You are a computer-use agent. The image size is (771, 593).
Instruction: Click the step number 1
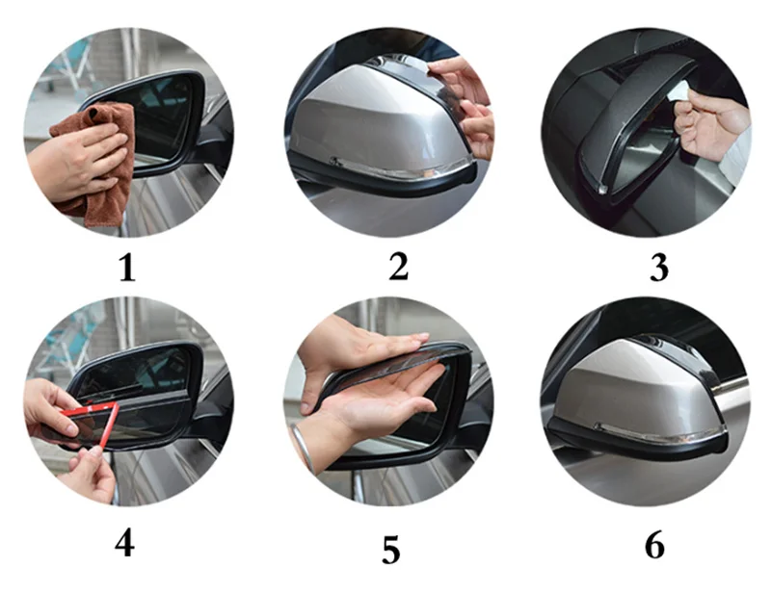127,268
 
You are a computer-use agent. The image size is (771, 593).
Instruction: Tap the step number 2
398,267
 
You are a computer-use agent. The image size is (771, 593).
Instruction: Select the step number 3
659,268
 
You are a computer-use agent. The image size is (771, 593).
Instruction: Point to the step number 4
125,543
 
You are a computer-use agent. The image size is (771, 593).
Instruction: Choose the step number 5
391,550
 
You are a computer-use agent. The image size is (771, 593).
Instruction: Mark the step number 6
654,544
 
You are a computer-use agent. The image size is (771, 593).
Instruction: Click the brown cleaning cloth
98,162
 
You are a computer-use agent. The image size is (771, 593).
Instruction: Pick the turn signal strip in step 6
659,431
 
